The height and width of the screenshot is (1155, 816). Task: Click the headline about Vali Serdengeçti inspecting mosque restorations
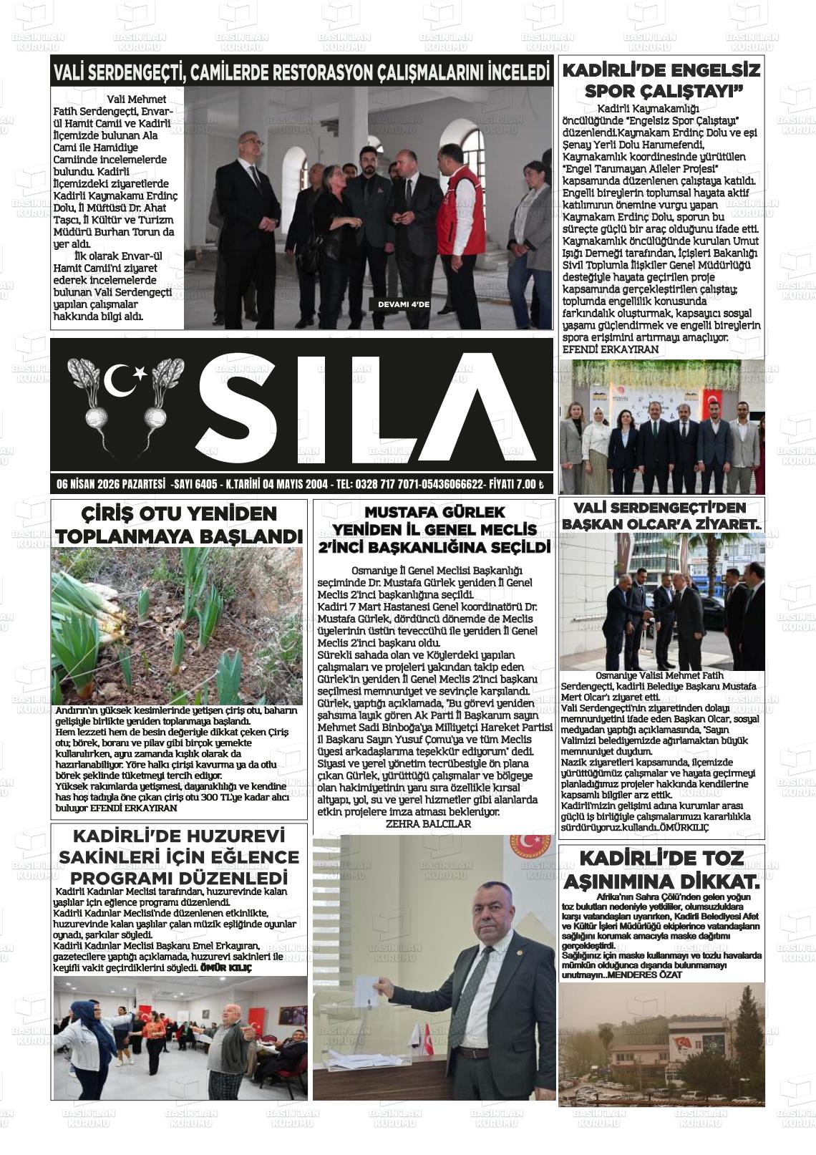tap(301, 72)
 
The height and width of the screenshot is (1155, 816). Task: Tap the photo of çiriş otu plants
tap(177, 626)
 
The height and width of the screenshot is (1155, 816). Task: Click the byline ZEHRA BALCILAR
tap(428, 824)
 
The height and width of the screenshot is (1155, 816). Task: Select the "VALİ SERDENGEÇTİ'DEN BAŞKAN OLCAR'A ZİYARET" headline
tap(662, 516)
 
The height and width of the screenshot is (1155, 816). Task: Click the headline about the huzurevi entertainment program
tap(179, 856)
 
